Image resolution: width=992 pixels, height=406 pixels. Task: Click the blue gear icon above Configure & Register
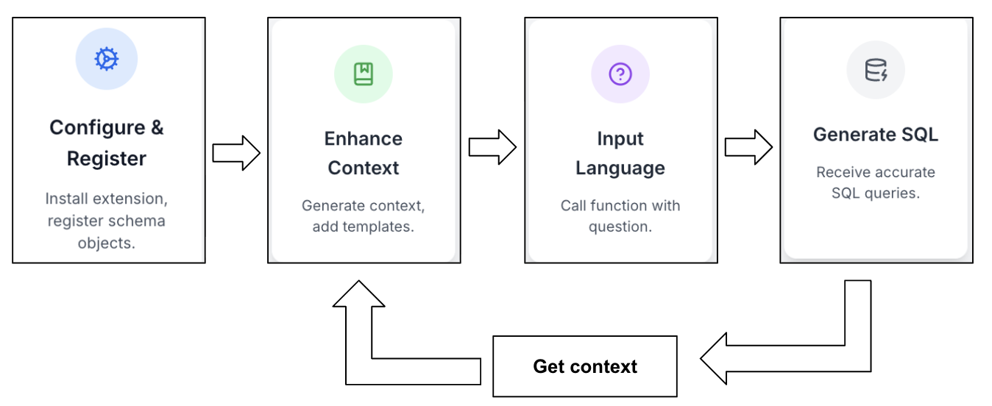pyautogui.click(x=107, y=59)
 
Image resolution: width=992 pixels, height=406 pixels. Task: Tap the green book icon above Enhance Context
pyautogui.click(x=364, y=74)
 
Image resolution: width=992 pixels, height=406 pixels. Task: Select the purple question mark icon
pyautogui.click(x=620, y=74)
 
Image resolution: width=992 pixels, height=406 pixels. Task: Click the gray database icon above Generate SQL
pyautogui.click(x=876, y=70)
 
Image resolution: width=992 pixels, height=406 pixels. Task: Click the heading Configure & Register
pyautogui.click(x=107, y=143)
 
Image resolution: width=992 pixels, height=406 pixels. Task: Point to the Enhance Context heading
pyautogui.click(x=364, y=153)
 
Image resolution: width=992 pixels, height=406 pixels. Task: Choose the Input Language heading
pyautogui.click(x=620, y=153)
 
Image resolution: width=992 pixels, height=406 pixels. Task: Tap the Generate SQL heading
pyautogui.click(x=876, y=135)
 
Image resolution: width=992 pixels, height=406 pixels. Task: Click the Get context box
pyautogui.click(x=585, y=366)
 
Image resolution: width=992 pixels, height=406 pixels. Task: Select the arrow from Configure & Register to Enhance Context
pyautogui.click(x=236, y=153)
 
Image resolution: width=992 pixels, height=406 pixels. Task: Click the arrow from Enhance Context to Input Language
pyautogui.click(x=492, y=147)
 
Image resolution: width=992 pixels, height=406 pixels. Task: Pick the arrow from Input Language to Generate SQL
pyautogui.click(x=748, y=147)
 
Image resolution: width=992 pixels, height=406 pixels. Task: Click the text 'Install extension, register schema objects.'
pyautogui.click(x=107, y=221)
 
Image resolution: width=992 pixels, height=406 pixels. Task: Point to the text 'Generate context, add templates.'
pyautogui.click(x=364, y=216)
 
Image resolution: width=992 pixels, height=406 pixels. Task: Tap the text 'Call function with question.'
pyautogui.click(x=620, y=216)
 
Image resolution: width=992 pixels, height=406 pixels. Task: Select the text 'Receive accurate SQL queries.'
pyautogui.click(x=876, y=182)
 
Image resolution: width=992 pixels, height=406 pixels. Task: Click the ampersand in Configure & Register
pyautogui.click(x=157, y=128)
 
